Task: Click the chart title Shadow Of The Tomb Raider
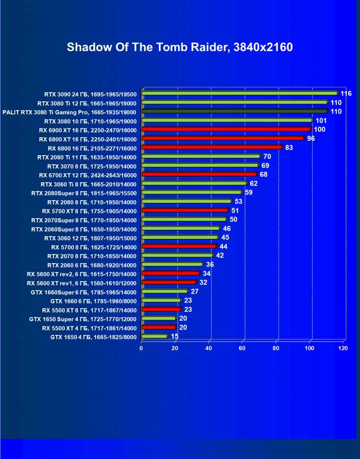point(180,47)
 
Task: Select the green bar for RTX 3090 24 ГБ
point(239,93)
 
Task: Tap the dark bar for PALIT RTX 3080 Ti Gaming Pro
point(234,111)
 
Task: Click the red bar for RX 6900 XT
point(226,129)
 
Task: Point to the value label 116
point(346,94)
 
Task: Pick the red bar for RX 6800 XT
point(223,138)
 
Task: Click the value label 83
point(289,148)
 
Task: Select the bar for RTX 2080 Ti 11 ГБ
point(201,156)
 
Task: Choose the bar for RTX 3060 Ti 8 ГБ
point(194,183)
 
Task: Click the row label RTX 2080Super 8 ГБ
point(84,193)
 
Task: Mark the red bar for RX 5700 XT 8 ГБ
point(185,210)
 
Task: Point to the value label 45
point(225,238)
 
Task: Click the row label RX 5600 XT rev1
point(81,283)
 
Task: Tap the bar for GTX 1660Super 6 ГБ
point(164,291)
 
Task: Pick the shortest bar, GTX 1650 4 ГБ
point(154,336)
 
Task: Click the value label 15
point(175,336)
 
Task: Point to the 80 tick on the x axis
point(276,348)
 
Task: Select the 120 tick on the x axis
point(343,348)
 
